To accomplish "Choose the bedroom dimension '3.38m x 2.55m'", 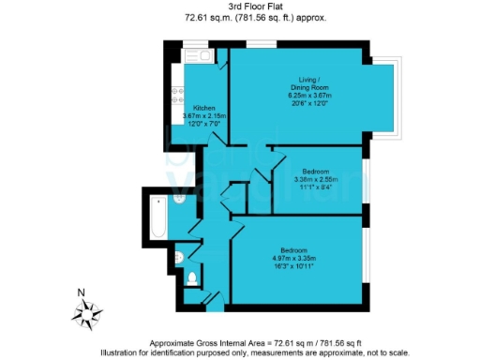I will click(315, 179).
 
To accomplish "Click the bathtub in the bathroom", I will click(157, 215).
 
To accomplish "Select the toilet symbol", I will click(191, 277).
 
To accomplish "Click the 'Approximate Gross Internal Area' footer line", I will click(240, 344).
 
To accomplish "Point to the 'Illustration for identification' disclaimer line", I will click(240, 353).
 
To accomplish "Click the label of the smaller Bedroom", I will click(315, 171).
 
